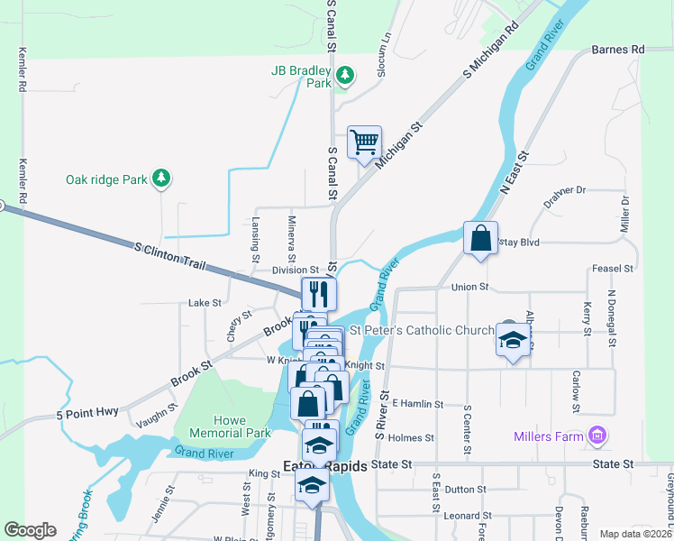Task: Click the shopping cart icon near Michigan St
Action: (x=364, y=142)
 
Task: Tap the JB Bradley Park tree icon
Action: (x=344, y=73)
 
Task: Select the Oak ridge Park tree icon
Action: (x=161, y=179)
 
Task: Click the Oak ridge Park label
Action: (x=106, y=179)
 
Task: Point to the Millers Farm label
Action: (x=549, y=437)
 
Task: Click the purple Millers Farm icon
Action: (x=597, y=437)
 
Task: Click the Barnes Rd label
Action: (x=619, y=49)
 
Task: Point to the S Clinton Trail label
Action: (x=170, y=257)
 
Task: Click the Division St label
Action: (x=296, y=270)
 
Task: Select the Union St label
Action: (x=469, y=287)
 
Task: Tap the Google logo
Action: (x=30, y=530)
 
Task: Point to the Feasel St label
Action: (x=614, y=269)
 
